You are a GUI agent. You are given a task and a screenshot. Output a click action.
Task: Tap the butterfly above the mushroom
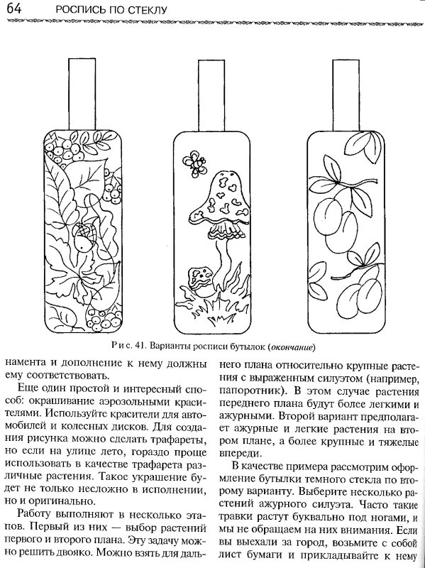[192, 163]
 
